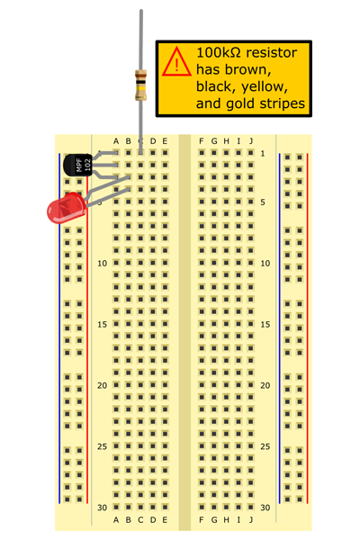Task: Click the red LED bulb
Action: (66, 208)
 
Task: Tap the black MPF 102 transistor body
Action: (78, 165)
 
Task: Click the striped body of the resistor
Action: (140, 85)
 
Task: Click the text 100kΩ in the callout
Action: (219, 53)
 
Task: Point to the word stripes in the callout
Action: (282, 103)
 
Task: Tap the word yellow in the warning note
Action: (265, 86)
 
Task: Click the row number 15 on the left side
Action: (102, 324)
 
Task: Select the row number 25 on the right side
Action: (265, 446)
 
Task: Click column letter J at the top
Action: (251, 141)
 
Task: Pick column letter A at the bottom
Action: (116, 519)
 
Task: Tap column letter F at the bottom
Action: (202, 519)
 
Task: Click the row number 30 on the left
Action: (102, 508)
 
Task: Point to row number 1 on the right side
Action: (263, 154)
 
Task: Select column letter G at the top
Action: (214, 141)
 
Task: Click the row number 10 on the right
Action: (265, 264)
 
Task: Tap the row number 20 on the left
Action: (102, 386)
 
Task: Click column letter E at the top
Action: (165, 141)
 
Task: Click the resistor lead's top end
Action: (141, 10)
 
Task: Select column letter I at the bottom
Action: (238, 519)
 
